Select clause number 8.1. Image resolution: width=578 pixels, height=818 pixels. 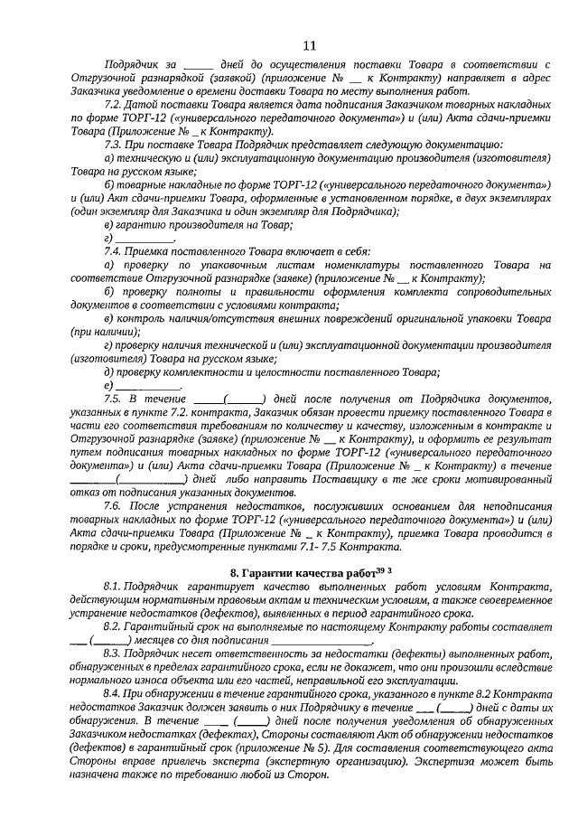(114, 589)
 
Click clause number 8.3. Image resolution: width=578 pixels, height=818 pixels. (114, 653)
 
